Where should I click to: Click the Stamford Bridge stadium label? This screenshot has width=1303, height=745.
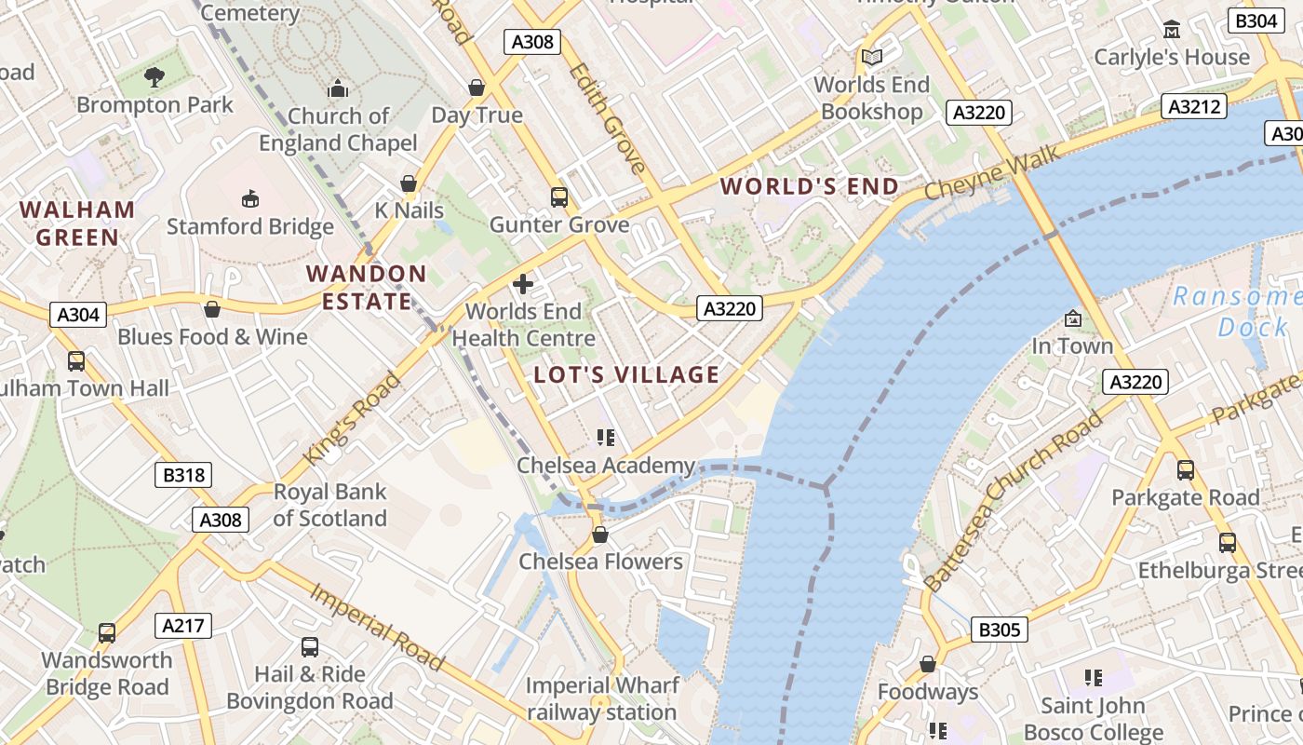[249, 226]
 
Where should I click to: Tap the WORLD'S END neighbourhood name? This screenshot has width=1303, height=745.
[810, 186]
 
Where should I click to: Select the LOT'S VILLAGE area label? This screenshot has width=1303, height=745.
[626, 375]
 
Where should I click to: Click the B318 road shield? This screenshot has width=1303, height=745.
[183, 475]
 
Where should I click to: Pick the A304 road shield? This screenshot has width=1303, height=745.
[78, 315]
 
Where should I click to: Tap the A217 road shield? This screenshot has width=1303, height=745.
[183, 626]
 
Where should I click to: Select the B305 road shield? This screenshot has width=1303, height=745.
[1000, 630]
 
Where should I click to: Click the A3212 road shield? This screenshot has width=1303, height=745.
[1193, 106]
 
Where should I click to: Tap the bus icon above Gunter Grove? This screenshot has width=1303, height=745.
[559, 197]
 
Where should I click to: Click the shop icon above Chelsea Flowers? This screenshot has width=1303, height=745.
[600, 535]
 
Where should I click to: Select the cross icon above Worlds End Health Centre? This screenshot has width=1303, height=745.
[523, 283]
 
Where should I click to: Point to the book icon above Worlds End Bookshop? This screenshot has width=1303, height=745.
[871, 58]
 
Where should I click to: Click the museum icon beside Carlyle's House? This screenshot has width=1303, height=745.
[1172, 30]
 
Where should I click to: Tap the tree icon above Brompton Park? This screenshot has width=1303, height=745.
[154, 76]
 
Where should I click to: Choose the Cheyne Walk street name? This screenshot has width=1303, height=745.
[992, 171]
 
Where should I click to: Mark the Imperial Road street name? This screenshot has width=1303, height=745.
[377, 627]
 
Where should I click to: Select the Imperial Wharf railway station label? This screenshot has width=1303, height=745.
[601, 699]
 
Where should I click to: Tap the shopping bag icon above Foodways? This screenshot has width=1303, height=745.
[928, 664]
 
